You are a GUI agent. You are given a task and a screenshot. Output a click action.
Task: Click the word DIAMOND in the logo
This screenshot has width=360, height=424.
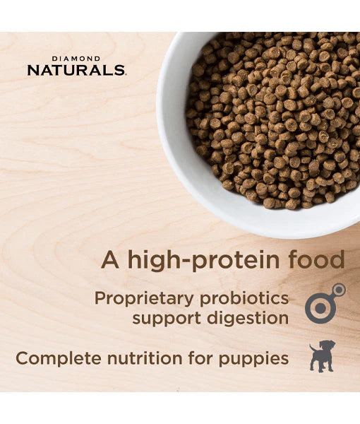click(x=76, y=59)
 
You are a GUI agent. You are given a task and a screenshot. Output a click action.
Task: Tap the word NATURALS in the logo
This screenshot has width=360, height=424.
click(x=76, y=70)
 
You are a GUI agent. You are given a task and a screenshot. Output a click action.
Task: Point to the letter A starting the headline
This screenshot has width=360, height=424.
click(x=109, y=259)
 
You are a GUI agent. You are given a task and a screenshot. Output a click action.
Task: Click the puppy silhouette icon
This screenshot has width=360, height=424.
click(x=322, y=356)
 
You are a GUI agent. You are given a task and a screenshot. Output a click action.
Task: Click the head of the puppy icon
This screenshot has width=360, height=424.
click(x=328, y=348)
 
